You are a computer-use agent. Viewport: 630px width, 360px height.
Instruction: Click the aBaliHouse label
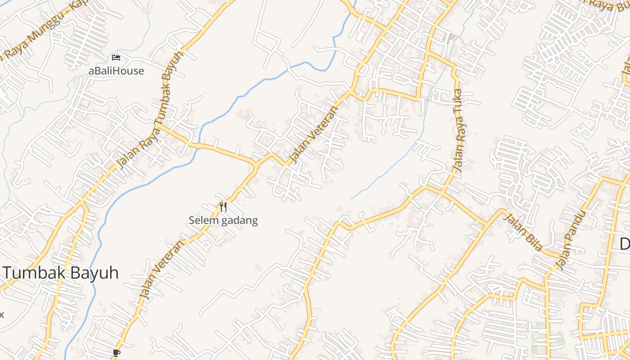coord(116,71)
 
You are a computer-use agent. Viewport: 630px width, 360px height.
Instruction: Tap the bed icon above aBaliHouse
coord(116,58)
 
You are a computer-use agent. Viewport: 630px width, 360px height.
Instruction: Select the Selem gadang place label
coord(223,220)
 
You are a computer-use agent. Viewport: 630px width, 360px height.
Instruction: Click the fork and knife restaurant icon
coord(223,207)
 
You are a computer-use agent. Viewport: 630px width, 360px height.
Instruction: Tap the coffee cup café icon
coord(116,353)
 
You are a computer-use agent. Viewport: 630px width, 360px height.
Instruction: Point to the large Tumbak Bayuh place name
coord(61,273)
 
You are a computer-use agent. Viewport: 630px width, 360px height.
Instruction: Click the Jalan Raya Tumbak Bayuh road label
coord(150,108)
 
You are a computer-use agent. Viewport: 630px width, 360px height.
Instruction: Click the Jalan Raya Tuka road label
coord(459,131)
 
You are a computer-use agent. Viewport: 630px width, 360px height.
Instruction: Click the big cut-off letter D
coord(625,244)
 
